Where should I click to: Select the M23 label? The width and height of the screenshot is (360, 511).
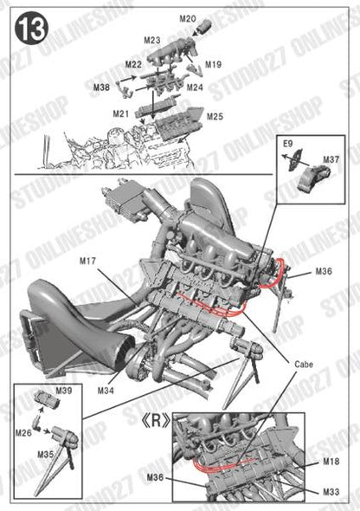[152, 40]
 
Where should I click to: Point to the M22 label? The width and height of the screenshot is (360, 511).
[133, 65]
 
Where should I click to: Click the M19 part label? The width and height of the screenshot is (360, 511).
[213, 64]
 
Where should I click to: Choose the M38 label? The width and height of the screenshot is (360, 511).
[102, 87]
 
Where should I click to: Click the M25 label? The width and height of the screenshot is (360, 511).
[215, 116]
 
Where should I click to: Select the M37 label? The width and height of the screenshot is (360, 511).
[331, 159]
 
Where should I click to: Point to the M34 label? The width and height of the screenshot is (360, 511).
[106, 391]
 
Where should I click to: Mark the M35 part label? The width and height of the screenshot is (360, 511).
[46, 452]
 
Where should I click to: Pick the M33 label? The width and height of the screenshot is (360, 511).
[331, 493]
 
